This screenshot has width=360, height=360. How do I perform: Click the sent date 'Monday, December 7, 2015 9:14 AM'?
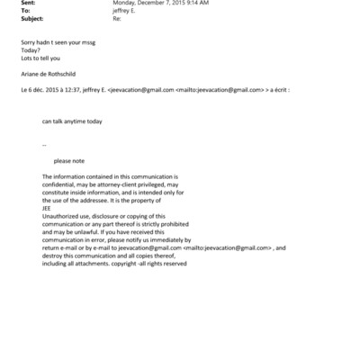coord(160,3)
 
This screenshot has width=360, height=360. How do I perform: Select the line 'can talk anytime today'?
coord(72,121)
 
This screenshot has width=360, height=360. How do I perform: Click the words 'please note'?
coord(68,161)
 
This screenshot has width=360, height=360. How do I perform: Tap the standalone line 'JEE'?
coord(47,208)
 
